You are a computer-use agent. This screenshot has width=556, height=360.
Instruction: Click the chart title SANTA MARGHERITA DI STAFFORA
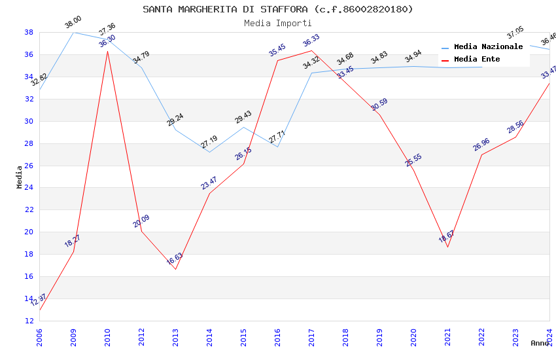[x=278, y=9]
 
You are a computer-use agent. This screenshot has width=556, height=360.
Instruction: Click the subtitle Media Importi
[x=278, y=23]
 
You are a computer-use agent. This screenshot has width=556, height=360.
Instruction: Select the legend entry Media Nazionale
[x=488, y=46]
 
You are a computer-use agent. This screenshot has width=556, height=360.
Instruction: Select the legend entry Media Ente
[x=477, y=59]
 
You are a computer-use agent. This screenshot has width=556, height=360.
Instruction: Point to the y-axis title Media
[x=20, y=177]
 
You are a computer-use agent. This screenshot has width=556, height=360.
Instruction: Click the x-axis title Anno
[x=540, y=342]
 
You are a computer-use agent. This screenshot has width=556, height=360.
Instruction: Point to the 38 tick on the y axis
[x=29, y=32]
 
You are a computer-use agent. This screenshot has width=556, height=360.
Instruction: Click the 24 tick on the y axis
[x=29, y=188]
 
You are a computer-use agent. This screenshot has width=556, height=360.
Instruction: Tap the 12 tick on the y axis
[x=29, y=321]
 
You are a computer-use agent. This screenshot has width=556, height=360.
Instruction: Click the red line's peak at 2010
[x=107, y=51]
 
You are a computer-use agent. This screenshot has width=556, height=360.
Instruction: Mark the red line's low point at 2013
[x=175, y=269]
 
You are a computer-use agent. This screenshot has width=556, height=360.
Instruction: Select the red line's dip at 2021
[x=447, y=247]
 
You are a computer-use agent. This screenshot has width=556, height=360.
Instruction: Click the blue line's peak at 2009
[x=73, y=32]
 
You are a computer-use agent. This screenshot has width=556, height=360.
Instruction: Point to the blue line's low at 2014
[x=209, y=152]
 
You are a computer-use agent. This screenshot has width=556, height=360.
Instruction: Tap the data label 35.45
[x=277, y=50]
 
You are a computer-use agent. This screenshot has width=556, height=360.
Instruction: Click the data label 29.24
[x=175, y=120]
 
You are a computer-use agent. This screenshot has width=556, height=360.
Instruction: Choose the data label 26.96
[x=481, y=145]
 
